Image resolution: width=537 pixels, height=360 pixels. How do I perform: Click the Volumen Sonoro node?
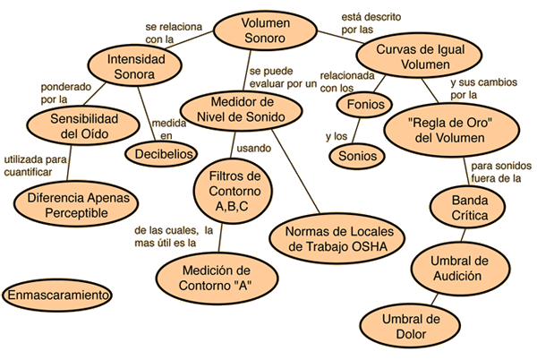[x=265, y=30]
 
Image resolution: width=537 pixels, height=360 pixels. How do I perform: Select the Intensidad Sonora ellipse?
[x=134, y=65]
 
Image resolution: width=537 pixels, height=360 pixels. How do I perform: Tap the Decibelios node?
[x=161, y=154]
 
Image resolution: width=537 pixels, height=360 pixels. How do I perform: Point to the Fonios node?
[x=365, y=105]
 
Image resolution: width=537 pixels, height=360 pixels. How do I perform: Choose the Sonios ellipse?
[x=357, y=156]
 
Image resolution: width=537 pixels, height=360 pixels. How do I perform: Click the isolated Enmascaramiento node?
[x=57, y=295]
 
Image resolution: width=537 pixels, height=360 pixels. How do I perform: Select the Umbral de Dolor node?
[x=410, y=326]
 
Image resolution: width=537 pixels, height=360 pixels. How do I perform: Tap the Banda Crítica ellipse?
[x=467, y=208]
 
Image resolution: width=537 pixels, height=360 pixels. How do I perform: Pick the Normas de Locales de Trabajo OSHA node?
[x=337, y=238]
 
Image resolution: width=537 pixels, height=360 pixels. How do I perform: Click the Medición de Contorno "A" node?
[x=217, y=278]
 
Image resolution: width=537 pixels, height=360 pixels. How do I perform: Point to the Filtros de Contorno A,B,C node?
[x=233, y=191]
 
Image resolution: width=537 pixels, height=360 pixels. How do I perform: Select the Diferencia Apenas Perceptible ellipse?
[x=76, y=204]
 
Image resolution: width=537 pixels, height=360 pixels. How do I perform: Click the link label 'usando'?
[x=254, y=149]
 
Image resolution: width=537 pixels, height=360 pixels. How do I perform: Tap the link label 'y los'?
[x=337, y=136]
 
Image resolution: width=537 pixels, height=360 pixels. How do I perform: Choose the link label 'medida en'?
[x=169, y=129]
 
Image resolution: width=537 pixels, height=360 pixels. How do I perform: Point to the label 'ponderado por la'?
[x=65, y=93]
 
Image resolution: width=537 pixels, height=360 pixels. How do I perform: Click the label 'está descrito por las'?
[x=371, y=23]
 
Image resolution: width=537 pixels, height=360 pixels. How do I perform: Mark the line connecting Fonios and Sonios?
[x=356, y=131]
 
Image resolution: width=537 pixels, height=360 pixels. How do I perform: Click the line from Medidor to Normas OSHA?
[x=295, y=171]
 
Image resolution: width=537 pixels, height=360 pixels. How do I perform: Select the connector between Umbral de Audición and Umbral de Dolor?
[x=434, y=299]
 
